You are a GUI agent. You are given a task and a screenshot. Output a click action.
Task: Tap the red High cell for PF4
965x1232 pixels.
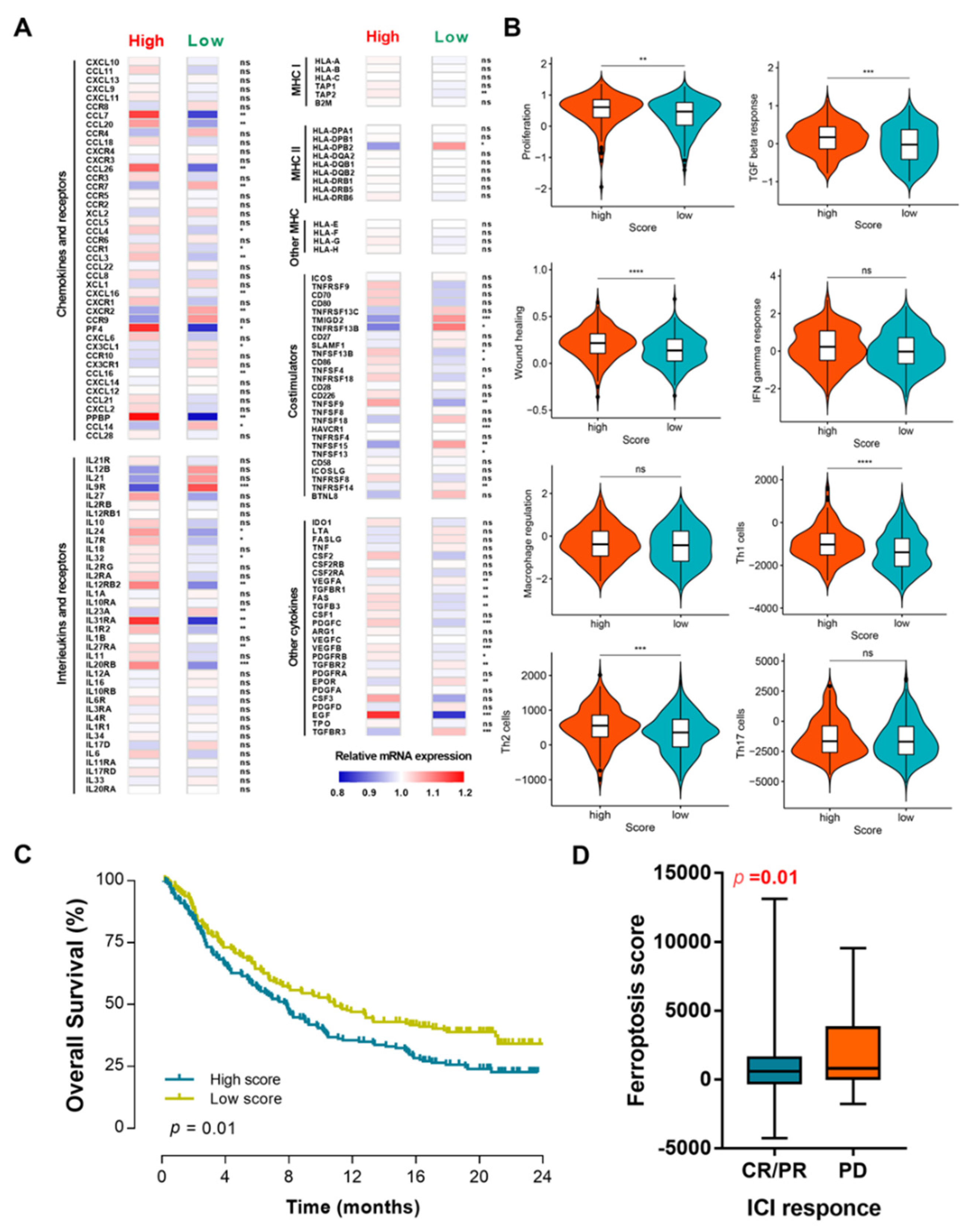click(x=144, y=328)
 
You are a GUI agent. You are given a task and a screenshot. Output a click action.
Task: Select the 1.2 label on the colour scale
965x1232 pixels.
click(x=465, y=793)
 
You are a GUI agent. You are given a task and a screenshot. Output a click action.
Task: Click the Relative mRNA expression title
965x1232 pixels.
click(x=403, y=756)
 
